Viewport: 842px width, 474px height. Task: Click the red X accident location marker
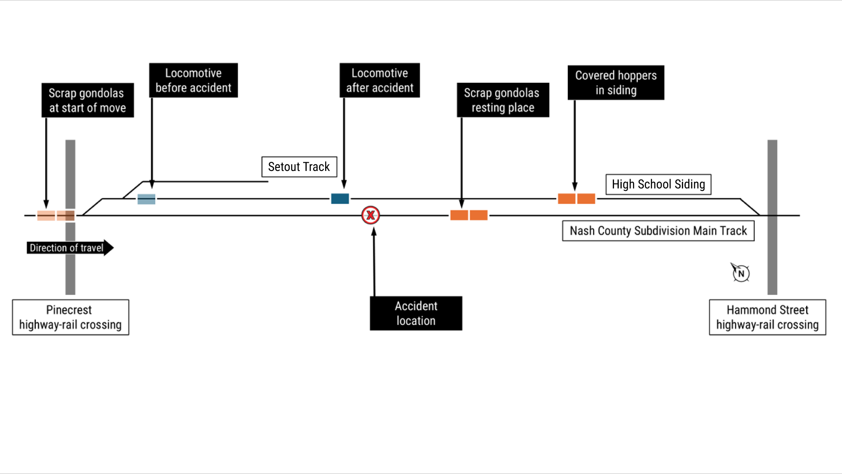(370, 215)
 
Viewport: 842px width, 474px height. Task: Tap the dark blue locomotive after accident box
(340, 199)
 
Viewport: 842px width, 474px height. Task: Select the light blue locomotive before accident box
(146, 199)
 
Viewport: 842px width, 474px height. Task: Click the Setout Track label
(299, 167)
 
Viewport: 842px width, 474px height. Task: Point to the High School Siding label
(658, 184)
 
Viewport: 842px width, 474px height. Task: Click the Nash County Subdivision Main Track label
(658, 231)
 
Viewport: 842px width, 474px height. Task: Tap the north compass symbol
(741, 273)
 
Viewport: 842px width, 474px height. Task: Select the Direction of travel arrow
(69, 248)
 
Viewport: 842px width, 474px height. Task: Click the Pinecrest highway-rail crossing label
(70, 317)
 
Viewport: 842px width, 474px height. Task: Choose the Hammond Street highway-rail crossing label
(767, 317)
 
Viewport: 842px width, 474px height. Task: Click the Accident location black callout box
(416, 313)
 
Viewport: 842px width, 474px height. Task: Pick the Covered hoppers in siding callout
(616, 82)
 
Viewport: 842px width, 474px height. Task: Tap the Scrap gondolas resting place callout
(503, 100)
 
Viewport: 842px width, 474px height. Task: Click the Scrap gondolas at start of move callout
(88, 100)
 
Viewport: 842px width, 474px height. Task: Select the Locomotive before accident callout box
(193, 80)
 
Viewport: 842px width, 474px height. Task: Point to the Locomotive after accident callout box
(380, 80)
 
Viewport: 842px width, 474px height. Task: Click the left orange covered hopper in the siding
(567, 199)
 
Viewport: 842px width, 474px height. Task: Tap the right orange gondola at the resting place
(478, 215)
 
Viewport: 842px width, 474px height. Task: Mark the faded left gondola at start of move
(46, 215)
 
